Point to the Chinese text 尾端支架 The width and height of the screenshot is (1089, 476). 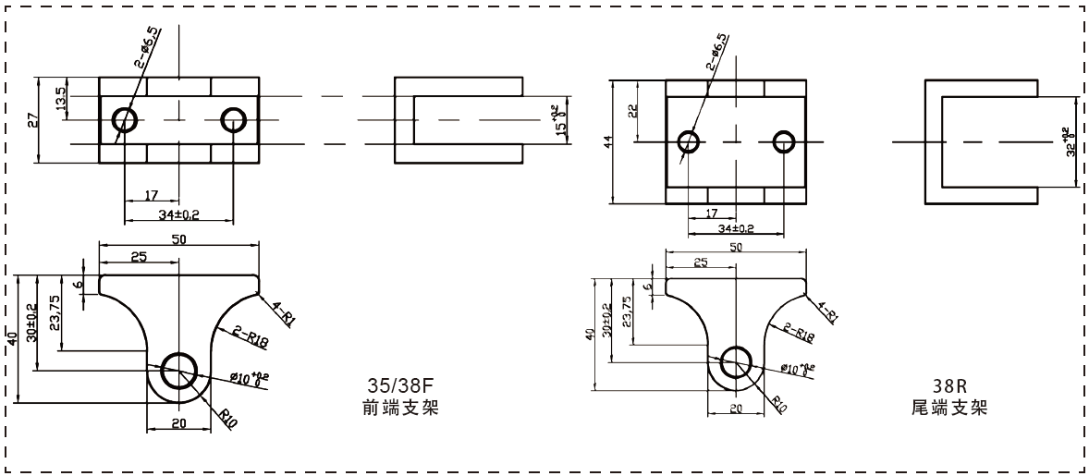tap(948, 407)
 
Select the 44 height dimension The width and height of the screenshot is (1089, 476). tap(607, 141)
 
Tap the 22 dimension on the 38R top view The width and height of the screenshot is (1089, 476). tap(633, 111)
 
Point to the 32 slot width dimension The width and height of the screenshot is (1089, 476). tap(1070, 141)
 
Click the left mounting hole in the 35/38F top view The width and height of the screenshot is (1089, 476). tap(125, 119)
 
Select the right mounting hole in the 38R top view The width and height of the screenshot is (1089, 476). tap(785, 141)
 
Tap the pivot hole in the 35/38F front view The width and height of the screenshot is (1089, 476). tap(178, 372)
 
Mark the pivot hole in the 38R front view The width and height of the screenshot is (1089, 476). tap(737, 363)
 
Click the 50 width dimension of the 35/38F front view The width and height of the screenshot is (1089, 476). tap(180, 238)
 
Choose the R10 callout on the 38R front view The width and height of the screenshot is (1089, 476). tap(779, 403)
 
